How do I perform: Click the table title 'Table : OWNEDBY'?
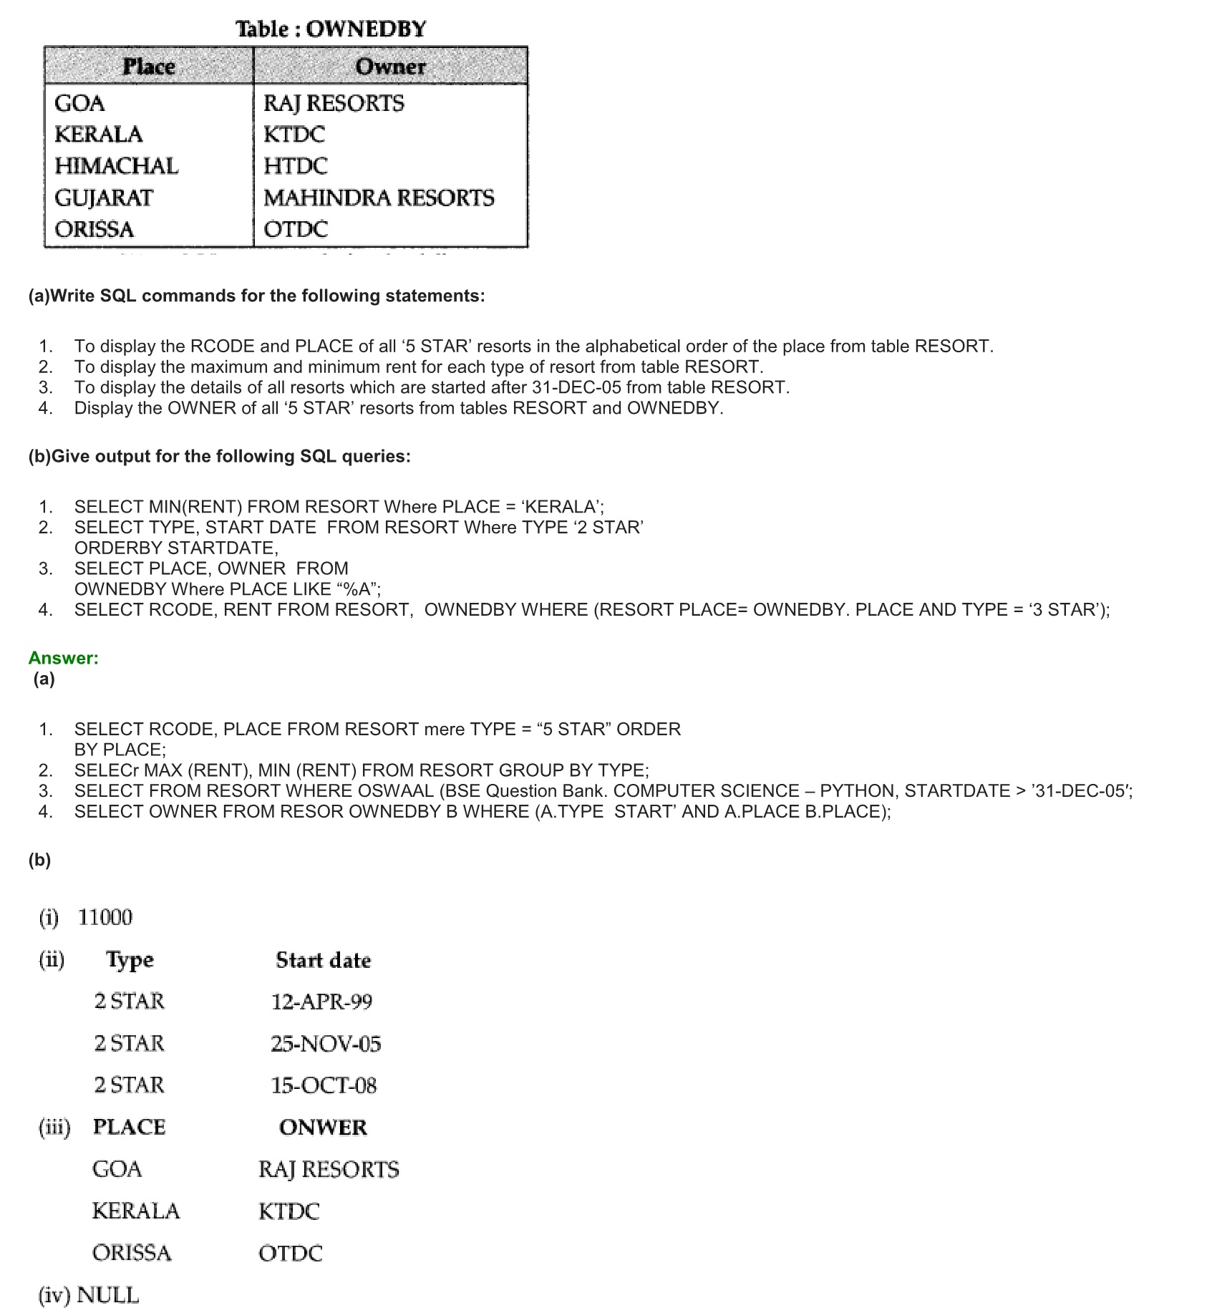331,29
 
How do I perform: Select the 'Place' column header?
149,67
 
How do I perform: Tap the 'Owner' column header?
390,67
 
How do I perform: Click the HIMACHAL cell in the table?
117,166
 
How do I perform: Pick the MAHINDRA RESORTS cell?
379,198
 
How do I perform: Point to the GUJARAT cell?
104,198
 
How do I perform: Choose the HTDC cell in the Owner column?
295,166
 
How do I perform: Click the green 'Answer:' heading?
63,658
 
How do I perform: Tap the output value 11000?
105,918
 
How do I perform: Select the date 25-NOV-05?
326,1044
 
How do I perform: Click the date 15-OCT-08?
324,1085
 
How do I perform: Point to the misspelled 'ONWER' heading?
323,1128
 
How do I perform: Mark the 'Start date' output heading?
323,960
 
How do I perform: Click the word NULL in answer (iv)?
107,1295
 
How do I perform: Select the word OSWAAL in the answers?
398,791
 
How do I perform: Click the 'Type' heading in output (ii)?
130,960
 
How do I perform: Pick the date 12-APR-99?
321,1002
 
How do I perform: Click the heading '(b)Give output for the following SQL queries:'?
220,457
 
